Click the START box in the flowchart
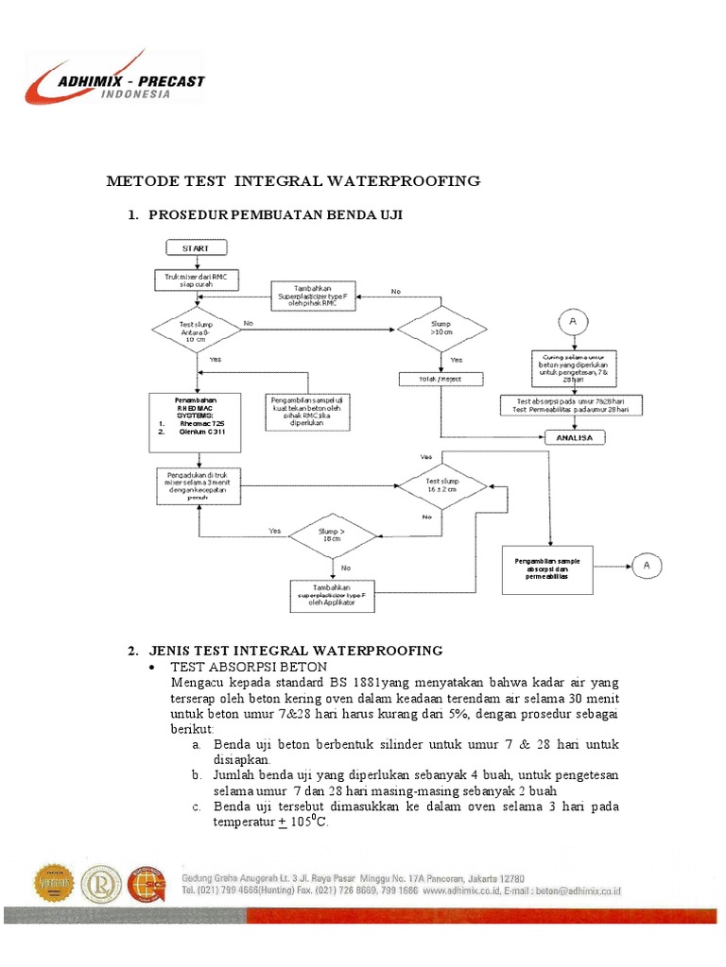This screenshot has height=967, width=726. point(197,248)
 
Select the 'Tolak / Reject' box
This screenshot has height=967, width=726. point(441,379)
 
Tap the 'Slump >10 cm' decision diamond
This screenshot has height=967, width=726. point(441,330)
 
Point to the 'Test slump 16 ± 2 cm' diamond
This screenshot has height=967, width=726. point(441,485)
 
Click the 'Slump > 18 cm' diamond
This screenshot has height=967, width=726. point(333,535)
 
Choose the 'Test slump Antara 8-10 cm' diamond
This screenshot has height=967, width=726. point(197,330)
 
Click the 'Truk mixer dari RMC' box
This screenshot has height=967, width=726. point(197,280)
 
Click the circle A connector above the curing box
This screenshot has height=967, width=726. point(572,323)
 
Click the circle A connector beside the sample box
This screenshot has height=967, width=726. point(648,566)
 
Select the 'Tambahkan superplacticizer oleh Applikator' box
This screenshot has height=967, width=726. point(333,596)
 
